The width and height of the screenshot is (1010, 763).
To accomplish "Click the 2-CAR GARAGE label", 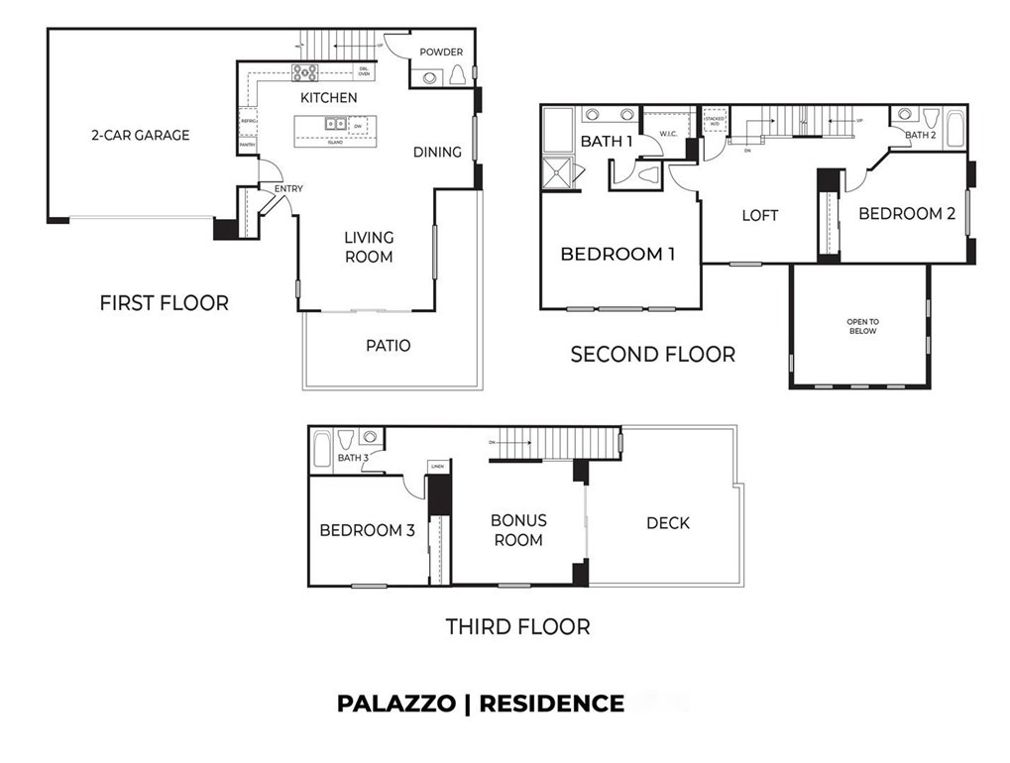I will click(x=140, y=135).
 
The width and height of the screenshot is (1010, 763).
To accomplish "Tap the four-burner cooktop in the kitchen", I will click(x=304, y=71).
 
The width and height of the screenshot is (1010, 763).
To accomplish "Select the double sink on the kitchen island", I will click(x=335, y=124).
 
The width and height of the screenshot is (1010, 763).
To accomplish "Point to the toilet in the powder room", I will click(x=458, y=76).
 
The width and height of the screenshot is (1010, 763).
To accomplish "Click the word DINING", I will click(x=437, y=152).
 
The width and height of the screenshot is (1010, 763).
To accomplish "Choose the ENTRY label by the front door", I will click(x=288, y=188).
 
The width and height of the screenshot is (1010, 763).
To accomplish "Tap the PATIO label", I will click(x=388, y=346).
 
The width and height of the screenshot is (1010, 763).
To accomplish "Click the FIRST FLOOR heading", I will click(x=164, y=303).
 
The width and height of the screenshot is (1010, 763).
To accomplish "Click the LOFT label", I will click(x=760, y=215).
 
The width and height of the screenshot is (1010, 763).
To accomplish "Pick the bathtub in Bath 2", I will click(x=955, y=129).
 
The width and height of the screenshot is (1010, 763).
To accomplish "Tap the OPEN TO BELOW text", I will click(x=861, y=328).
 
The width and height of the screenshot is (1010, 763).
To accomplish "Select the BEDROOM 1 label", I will click(x=617, y=255).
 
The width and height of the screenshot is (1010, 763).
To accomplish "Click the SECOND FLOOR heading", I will click(x=652, y=354).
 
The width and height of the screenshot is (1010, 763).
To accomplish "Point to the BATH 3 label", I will click(x=353, y=458).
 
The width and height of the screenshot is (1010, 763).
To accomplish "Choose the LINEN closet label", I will click(x=437, y=466).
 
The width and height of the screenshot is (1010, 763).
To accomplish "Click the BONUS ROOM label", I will click(x=518, y=530).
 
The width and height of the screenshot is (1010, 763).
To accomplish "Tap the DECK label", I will click(x=667, y=522).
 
